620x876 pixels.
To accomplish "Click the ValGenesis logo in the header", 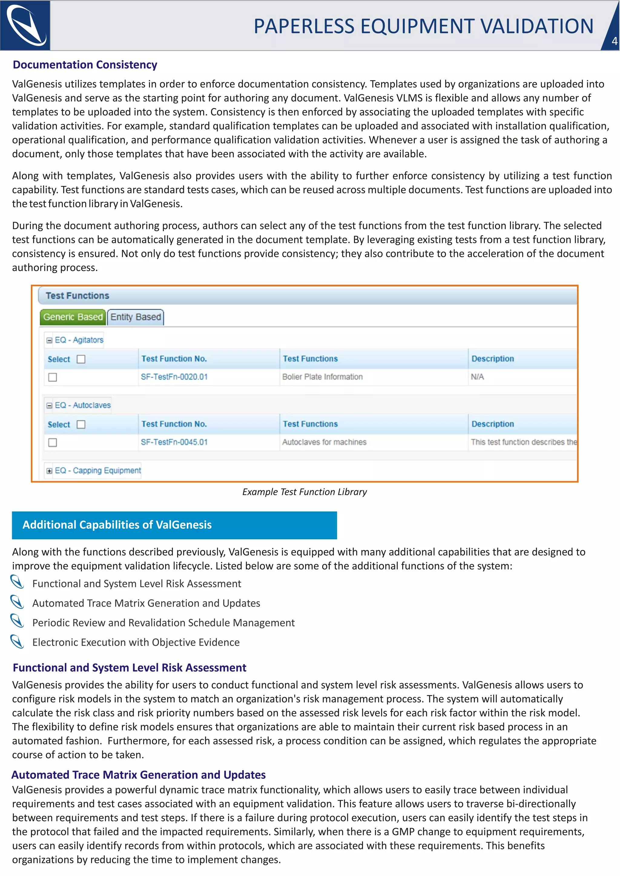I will point(25,25).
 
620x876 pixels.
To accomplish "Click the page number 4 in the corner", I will point(614,41).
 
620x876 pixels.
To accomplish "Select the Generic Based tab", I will point(73,317).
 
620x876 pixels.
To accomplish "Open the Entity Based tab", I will point(136,317).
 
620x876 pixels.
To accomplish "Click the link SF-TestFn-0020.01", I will point(174,377).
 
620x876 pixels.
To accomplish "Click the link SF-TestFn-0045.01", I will point(174,442).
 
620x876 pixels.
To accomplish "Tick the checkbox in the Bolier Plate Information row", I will point(53,377).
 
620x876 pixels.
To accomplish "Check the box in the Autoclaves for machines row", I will point(53,443).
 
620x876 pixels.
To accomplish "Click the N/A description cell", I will point(477,377).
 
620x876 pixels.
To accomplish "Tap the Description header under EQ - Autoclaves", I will point(493,424).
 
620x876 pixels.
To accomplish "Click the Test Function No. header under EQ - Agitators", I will point(174,359).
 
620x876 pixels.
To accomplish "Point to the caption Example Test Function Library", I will point(304,492).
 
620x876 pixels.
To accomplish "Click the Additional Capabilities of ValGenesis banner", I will point(174,525).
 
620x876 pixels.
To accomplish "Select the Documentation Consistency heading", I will point(85,65).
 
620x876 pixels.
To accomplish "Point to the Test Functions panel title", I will point(77,296).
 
